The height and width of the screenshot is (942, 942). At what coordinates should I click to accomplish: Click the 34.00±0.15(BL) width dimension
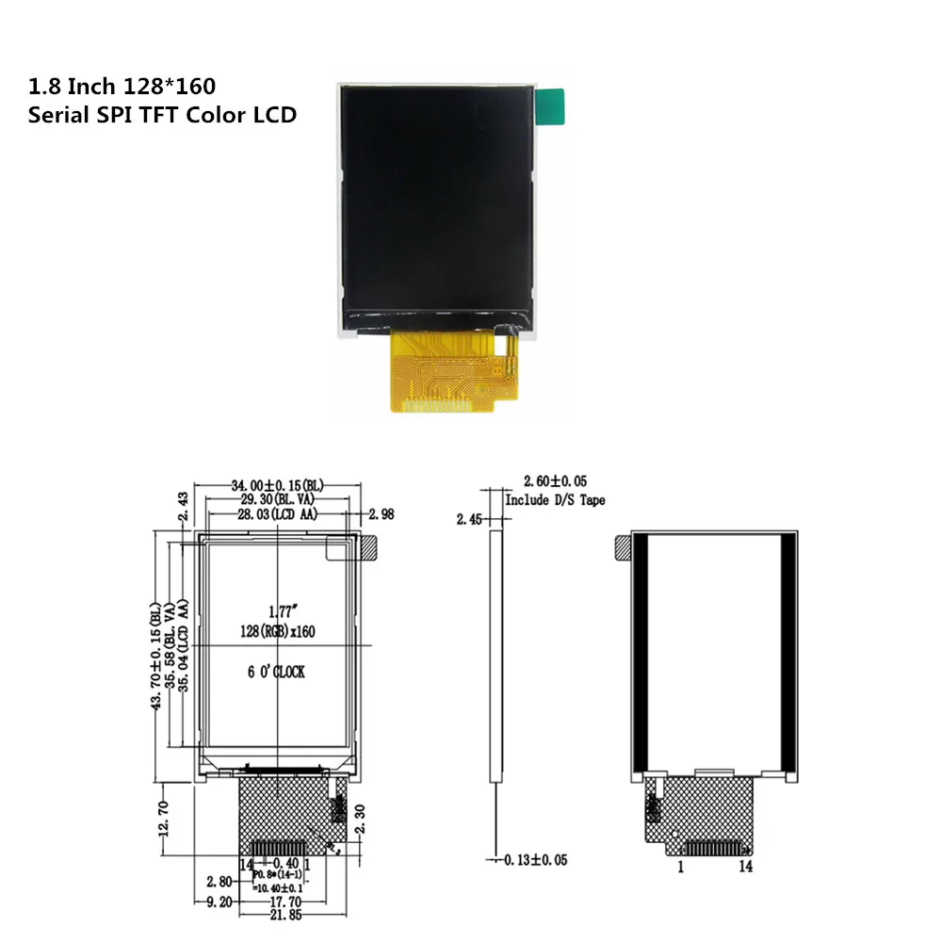tap(278, 485)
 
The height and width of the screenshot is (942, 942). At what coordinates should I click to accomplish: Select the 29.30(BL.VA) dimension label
tap(278, 499)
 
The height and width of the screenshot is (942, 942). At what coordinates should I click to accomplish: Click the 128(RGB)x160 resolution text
tap(281, 629)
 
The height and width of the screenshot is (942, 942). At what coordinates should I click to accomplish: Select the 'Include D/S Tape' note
tap(555, 500)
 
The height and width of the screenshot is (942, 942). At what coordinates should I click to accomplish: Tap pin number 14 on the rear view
tap(745, 867)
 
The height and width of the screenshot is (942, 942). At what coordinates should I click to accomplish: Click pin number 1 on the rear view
tap(680, 867)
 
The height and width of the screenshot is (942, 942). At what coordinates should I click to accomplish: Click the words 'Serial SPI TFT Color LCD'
tap(163, 115)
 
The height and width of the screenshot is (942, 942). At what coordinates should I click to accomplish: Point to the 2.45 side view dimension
tap(470, 519)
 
